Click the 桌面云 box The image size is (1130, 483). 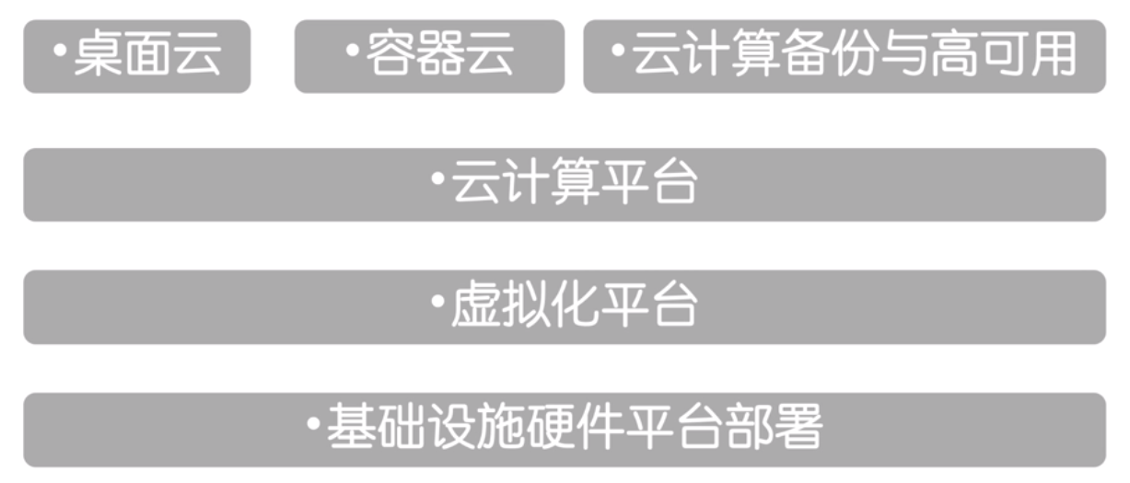click(x=136, y=56)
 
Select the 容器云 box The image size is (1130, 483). click(x=429, y=56)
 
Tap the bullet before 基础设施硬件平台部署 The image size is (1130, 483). click(x=313, y=424)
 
